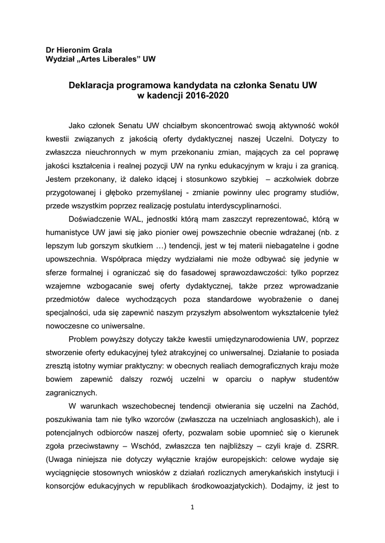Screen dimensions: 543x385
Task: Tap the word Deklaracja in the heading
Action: pyautogui.click(x=90, y=85)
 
